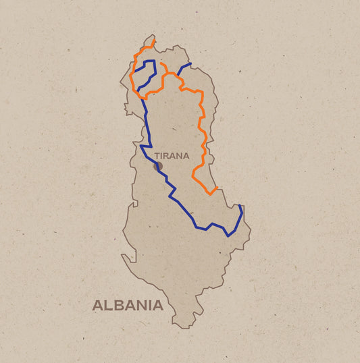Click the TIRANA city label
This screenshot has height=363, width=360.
172,156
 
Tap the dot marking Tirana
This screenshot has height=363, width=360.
158,165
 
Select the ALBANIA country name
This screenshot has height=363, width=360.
128,305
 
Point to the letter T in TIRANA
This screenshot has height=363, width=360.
157,156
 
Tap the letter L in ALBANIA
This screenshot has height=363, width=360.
108,305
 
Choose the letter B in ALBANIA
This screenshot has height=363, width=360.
118,305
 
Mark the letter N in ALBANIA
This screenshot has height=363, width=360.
140,305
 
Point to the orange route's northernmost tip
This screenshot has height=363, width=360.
154,40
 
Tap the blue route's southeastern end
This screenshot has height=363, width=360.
240,205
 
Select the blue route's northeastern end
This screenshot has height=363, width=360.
190,64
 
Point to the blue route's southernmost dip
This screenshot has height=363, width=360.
228,235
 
